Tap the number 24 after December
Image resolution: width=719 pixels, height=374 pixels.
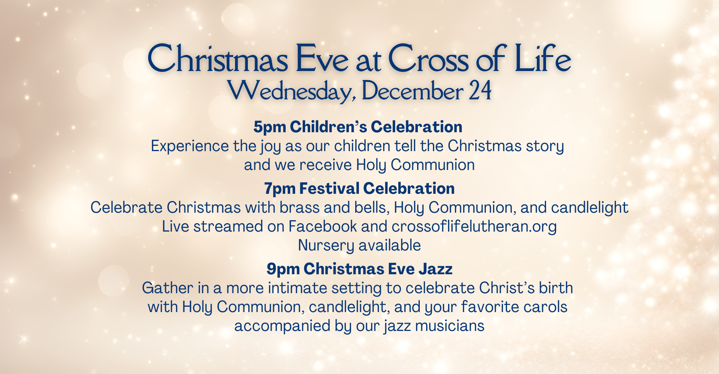(x=480, y=91)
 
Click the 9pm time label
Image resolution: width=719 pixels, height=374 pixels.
(x=283, y=269)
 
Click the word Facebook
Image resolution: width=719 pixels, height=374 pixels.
(x=323, y=226)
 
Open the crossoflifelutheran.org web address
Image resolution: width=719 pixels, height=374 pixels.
(x=474, y=227)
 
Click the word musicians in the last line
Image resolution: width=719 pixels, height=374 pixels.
(x=450, y=326)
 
